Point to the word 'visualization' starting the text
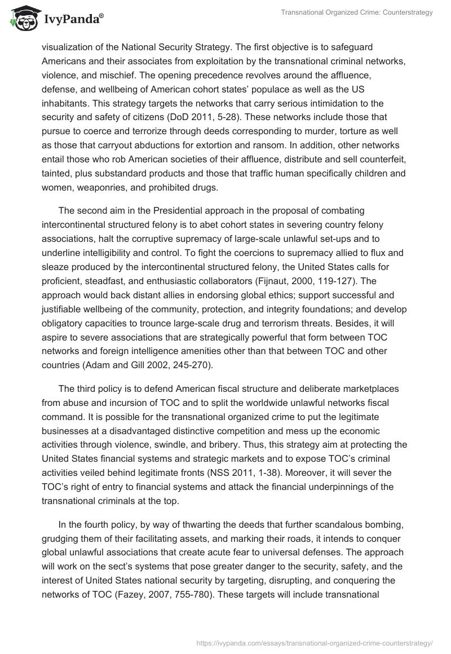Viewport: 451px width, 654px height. click(68, 47)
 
